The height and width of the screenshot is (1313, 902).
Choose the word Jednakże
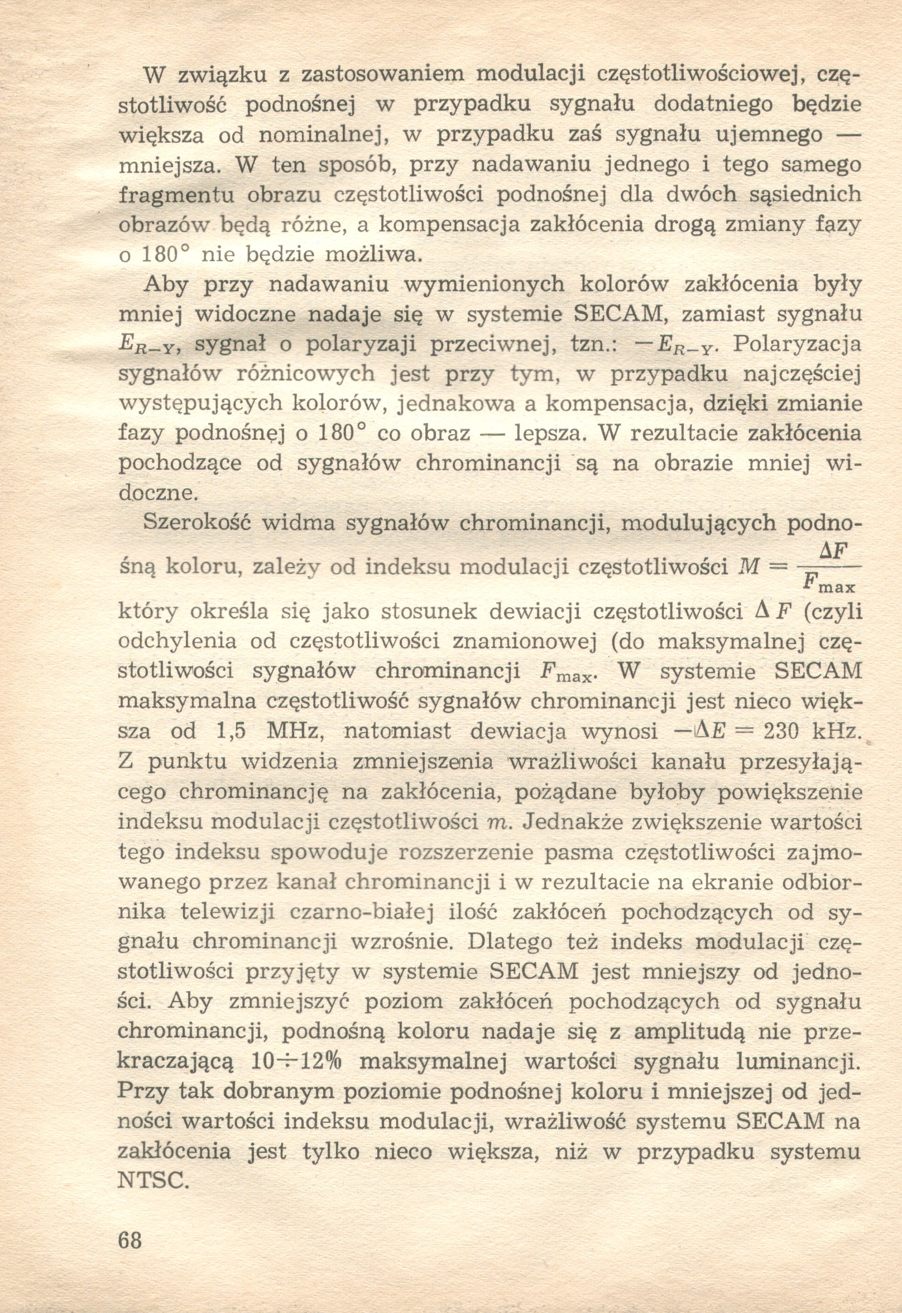point(571,821)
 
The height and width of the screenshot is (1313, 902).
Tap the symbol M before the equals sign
point(750,567)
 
